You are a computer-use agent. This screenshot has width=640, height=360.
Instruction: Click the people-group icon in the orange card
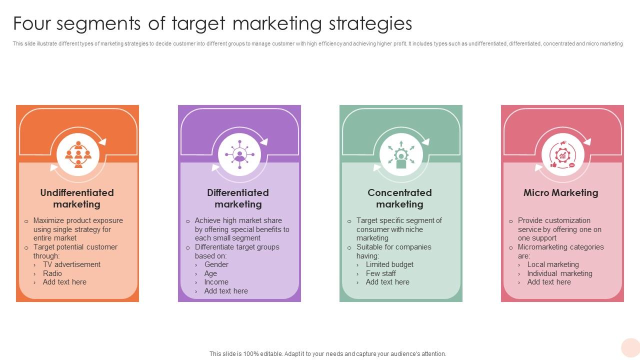tap(78, 154)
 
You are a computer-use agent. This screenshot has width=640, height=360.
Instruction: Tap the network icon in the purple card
tap(239, 154)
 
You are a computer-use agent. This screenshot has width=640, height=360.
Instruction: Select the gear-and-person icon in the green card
tap(401, 154)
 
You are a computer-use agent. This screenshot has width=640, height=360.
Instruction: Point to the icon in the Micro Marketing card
tap(562, 154)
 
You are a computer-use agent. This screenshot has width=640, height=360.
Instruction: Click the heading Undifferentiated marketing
tap(77, 198)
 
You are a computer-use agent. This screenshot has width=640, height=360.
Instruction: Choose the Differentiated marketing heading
tap(238, 198)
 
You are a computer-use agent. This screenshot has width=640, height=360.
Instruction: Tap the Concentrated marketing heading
tap(399, 198)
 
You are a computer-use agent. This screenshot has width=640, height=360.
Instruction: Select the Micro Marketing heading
tap(560, 193)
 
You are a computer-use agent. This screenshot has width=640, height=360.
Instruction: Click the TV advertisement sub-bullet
tap(71, 264)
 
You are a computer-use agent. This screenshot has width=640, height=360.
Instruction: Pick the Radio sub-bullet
tap(52, 273)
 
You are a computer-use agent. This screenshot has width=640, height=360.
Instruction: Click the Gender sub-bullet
tap(216, 264)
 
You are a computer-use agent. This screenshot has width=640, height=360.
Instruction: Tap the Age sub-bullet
tap(210, 273)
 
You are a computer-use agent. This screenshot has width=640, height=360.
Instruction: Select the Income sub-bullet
tap(216, 282)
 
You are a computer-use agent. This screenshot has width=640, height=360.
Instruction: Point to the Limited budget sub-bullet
tap(389, 264)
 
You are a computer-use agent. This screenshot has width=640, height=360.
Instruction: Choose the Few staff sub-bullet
tap(380, 273)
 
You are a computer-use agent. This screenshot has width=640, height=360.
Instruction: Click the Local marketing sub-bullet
tap(553, 264)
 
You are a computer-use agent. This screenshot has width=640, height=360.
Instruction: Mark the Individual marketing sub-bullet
tap(559, 273)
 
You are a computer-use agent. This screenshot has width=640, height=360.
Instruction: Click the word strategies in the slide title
tap(370, 23)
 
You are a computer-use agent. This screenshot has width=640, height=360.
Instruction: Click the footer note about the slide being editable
tap(327, 353)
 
